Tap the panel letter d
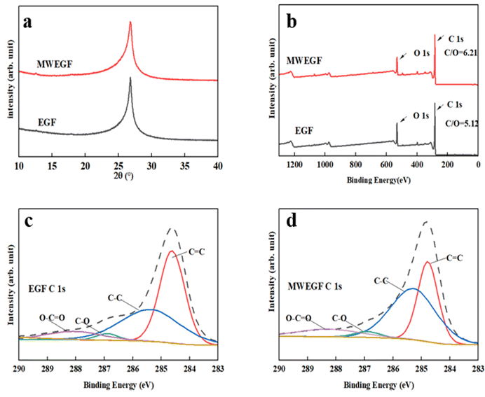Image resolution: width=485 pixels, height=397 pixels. tap(292, 223)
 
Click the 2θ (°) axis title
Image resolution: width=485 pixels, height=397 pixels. tap(118, 176)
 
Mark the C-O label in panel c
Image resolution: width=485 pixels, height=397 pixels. tap(83, 321)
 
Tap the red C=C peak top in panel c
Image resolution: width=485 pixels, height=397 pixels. tap(171, 251)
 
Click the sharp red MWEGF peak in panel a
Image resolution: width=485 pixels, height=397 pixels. tap(130, 22)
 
